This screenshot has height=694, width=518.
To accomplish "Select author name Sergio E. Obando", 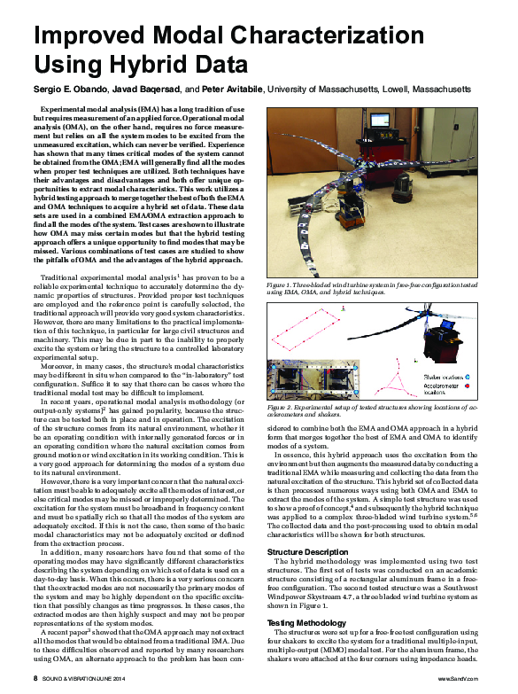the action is click(72, 90).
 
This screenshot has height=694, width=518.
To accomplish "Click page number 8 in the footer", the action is click(35, 677).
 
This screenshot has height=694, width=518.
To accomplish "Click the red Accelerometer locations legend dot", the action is click(421, 386).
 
